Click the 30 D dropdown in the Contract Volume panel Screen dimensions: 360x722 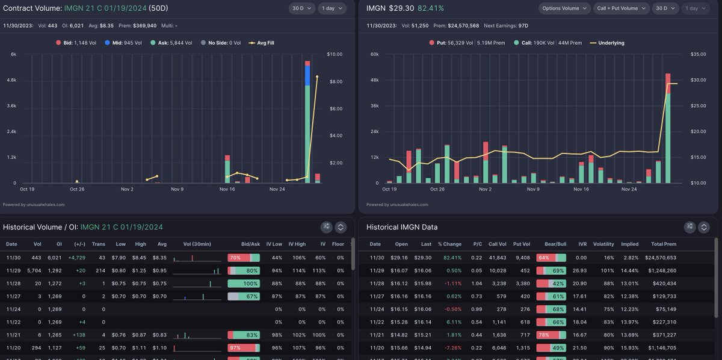[300, 8]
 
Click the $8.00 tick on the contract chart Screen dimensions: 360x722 [335, 81]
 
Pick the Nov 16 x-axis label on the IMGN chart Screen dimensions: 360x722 [581, 189]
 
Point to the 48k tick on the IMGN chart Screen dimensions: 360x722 [374, 80]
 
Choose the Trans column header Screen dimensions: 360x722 [98, 244]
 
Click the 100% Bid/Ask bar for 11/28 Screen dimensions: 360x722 [244, 284]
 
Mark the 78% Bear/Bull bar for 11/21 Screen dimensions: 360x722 [551, 334]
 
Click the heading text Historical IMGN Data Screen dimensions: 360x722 [401, 227]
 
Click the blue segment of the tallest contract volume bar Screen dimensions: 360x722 [307, 76]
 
